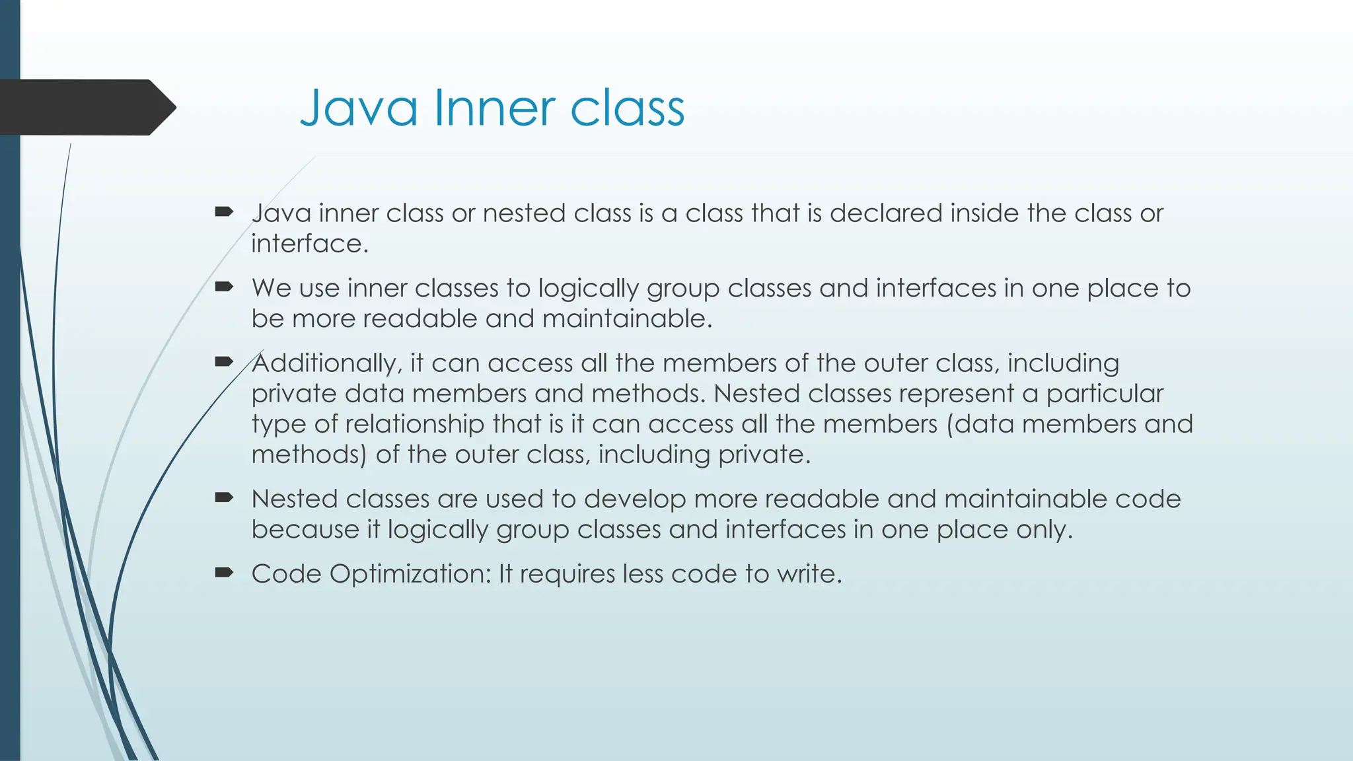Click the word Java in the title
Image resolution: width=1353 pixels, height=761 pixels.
(359, 108)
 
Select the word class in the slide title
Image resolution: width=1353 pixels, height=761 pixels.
(627, 108)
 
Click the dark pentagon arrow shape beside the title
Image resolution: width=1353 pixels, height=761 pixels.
(86, 107)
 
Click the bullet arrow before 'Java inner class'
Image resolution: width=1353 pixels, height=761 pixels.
(224, 211)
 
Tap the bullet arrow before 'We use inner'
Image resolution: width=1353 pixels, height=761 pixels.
(224, 287)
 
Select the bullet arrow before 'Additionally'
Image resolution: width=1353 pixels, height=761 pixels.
(224, 361)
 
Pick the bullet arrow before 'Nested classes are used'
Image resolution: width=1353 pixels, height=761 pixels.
(224, 497)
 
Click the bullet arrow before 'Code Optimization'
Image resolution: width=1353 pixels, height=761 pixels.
(224, 572)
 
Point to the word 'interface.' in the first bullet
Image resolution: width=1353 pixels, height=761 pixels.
(309, 244)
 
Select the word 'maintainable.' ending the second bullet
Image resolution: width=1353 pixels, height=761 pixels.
(627, 319)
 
